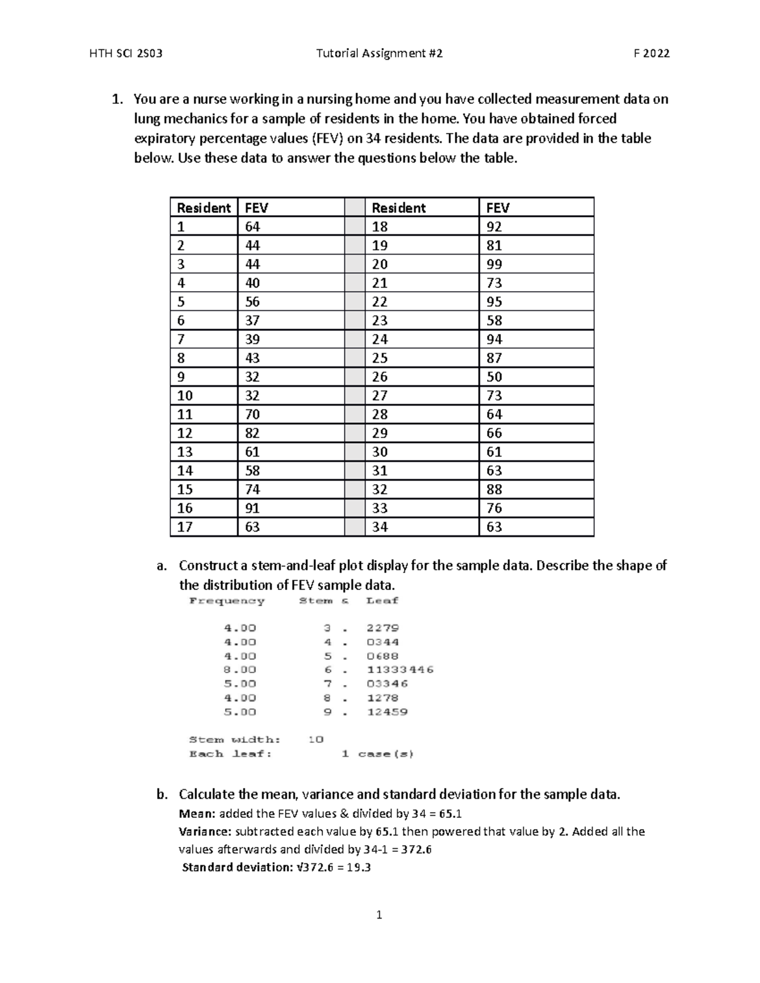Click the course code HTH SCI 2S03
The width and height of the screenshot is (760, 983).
pyautogui.click(x=127, y=54)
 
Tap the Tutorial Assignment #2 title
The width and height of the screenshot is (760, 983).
pyautogui.click(x=379, y=54)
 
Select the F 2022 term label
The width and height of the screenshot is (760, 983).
pyautogui.click(x=652, y=54)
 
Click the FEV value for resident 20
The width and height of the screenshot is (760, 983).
pyautogui.click(x=494, y=264)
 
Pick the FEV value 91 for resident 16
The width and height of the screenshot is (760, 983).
pyautogui.click(x=252, y=508)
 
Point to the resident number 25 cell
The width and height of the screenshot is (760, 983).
pyautogui.click(x=379, y=358)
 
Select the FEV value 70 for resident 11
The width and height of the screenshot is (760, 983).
pyautogui.click(x=252, y=415)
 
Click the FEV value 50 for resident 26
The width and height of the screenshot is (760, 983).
pyautogui.click(x=494, y=377)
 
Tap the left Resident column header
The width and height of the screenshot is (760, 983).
pyautogui.click(x=203, y=208)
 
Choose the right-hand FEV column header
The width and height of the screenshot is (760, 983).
pyautogui.click(x=497, y=208)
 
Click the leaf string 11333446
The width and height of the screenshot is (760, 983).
pyautogui.click(x=400, y=670)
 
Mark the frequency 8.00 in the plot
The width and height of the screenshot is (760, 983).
pyautogui.click(x=240, y=670)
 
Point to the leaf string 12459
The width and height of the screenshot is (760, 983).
pyautogui.click(x=388, y=712)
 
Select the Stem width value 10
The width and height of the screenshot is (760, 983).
pyautogui.click(x=315, y=739)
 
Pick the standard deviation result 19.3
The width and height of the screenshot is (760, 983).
pyautogui.click(x=359, y=867)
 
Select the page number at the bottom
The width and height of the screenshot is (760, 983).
pyautogui.click(x=379, y=915)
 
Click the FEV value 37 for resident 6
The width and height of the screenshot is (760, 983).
pyautogui.click(x=252, y=321)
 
